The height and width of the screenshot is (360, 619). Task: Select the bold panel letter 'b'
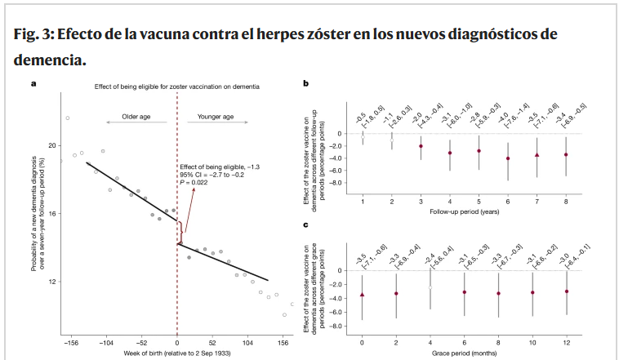point(305,83)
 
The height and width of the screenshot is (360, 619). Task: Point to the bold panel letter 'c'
point(305,224)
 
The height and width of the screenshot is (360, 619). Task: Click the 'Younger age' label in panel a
point(216,118)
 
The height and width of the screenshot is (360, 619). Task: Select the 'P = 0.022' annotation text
point(199,184)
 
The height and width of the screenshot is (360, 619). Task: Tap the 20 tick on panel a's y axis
point(52,145)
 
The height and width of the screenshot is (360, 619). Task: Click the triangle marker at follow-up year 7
point(537,154)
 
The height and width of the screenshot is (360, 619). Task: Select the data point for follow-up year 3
point(421,146)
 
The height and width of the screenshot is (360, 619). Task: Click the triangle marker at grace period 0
point(362,294)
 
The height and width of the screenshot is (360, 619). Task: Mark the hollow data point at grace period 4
point(430,287)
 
